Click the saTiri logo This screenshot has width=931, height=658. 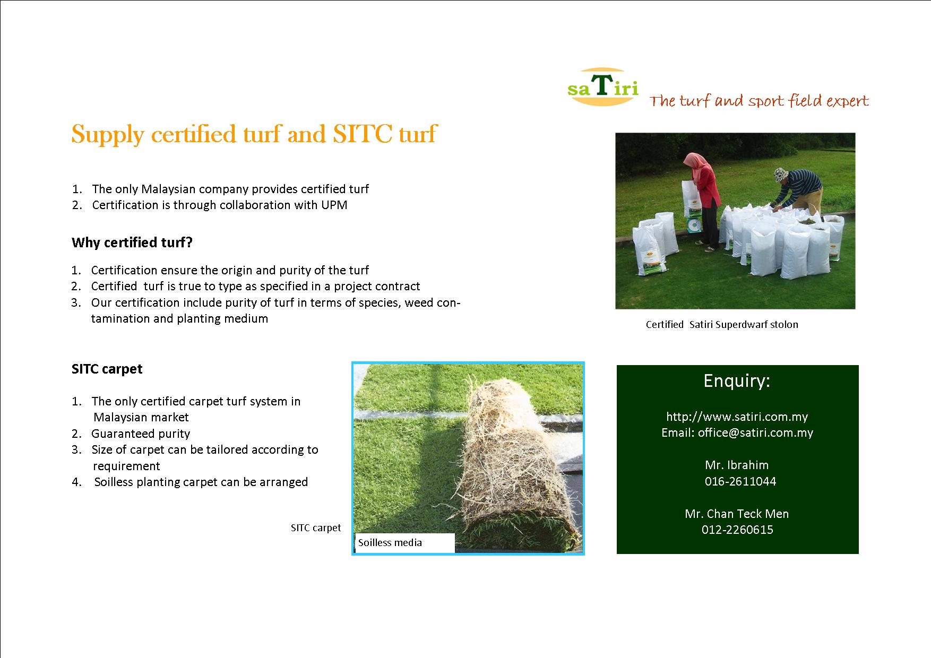tap(603, 86)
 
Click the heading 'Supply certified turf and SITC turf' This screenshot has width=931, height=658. tap(254, 134)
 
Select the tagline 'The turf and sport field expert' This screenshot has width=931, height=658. tap(760, 101)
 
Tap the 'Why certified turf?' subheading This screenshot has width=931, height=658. tap(132, 243)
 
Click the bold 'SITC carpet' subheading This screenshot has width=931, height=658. tap(107, 369)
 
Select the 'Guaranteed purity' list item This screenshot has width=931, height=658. tap(141, 434)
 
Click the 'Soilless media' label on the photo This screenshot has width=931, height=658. tap(390, 542)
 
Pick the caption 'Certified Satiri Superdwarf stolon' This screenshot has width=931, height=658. tap(722, 325)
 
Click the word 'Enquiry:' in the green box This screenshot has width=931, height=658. tap(737, 381)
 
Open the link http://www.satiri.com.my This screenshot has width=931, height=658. tap(737, 417)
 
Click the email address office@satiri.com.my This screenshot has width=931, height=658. tap(755, 432)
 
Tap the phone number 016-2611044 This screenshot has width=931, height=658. tap(740, 481)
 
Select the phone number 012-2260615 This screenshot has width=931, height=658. tap(737, 530)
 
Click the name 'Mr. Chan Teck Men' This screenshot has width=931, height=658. tap(737, 514)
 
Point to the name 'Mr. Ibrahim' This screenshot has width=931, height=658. tap(737, 465)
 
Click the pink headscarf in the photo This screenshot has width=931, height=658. tap(695, 161)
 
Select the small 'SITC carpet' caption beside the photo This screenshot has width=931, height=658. tap(316, 528)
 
